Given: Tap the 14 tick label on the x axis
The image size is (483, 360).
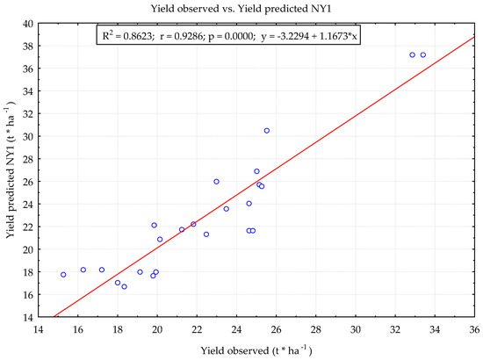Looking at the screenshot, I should (x=38, y=330).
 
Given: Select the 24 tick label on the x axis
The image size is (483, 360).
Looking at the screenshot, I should (x=236, y=330).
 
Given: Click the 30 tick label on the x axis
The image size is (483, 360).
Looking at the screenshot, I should (x=356, y=330).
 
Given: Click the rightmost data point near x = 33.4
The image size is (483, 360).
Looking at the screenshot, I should (x=423, y=55).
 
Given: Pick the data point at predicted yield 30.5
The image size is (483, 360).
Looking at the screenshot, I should (x=267, y=131).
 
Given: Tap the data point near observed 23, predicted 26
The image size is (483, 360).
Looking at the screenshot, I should (x=216, y=182).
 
